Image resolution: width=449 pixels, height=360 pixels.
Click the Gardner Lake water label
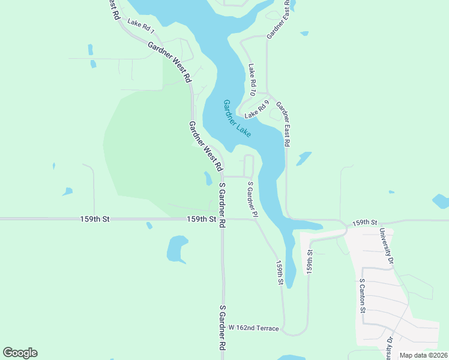coord(237,119)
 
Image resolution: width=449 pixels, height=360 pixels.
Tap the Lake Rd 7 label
coord(141,26)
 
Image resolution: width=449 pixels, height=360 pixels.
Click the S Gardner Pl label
coord(252,199)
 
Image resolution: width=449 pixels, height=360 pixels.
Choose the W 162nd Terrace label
coord(254,328)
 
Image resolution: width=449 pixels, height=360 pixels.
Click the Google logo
coord(20,353)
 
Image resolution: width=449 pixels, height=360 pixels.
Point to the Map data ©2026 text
coord(423,355)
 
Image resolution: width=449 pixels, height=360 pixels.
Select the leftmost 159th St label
coord(95,220)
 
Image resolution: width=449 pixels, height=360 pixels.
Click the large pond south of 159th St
coord(177,248)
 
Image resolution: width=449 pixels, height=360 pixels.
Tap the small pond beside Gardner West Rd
coord(208,178)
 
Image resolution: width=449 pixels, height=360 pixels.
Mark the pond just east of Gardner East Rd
coord(304,158)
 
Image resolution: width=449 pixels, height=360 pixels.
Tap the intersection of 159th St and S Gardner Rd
coord(222,220)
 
